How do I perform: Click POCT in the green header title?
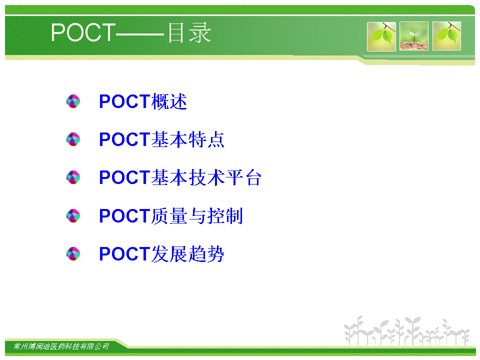click(x=83, y=32)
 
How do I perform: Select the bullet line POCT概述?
click(x=143, y=101)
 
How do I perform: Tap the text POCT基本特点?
click(x=161, y=139)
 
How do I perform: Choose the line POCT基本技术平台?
click(x=180, y=177)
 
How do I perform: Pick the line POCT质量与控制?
click(x=171, y=216)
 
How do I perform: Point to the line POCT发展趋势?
click(x=161, y=254)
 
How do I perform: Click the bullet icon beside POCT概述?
click(x=73, y=101)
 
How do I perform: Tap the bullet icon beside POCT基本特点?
click(x=73, y=139)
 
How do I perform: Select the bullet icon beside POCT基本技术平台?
click(x=73, y=177)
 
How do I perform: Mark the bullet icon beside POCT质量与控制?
click(x=73, y=216)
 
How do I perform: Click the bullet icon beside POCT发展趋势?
click(x=73, y=254)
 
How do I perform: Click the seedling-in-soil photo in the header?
click(x=414, y=36)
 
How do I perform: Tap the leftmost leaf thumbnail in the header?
click(x=381, y=36)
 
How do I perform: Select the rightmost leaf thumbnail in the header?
click(x=446, y=36)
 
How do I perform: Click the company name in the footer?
click(x=61, y=346)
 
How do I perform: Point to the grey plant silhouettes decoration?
click(x=406, y=330)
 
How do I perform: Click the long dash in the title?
click(x=140, y=34)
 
